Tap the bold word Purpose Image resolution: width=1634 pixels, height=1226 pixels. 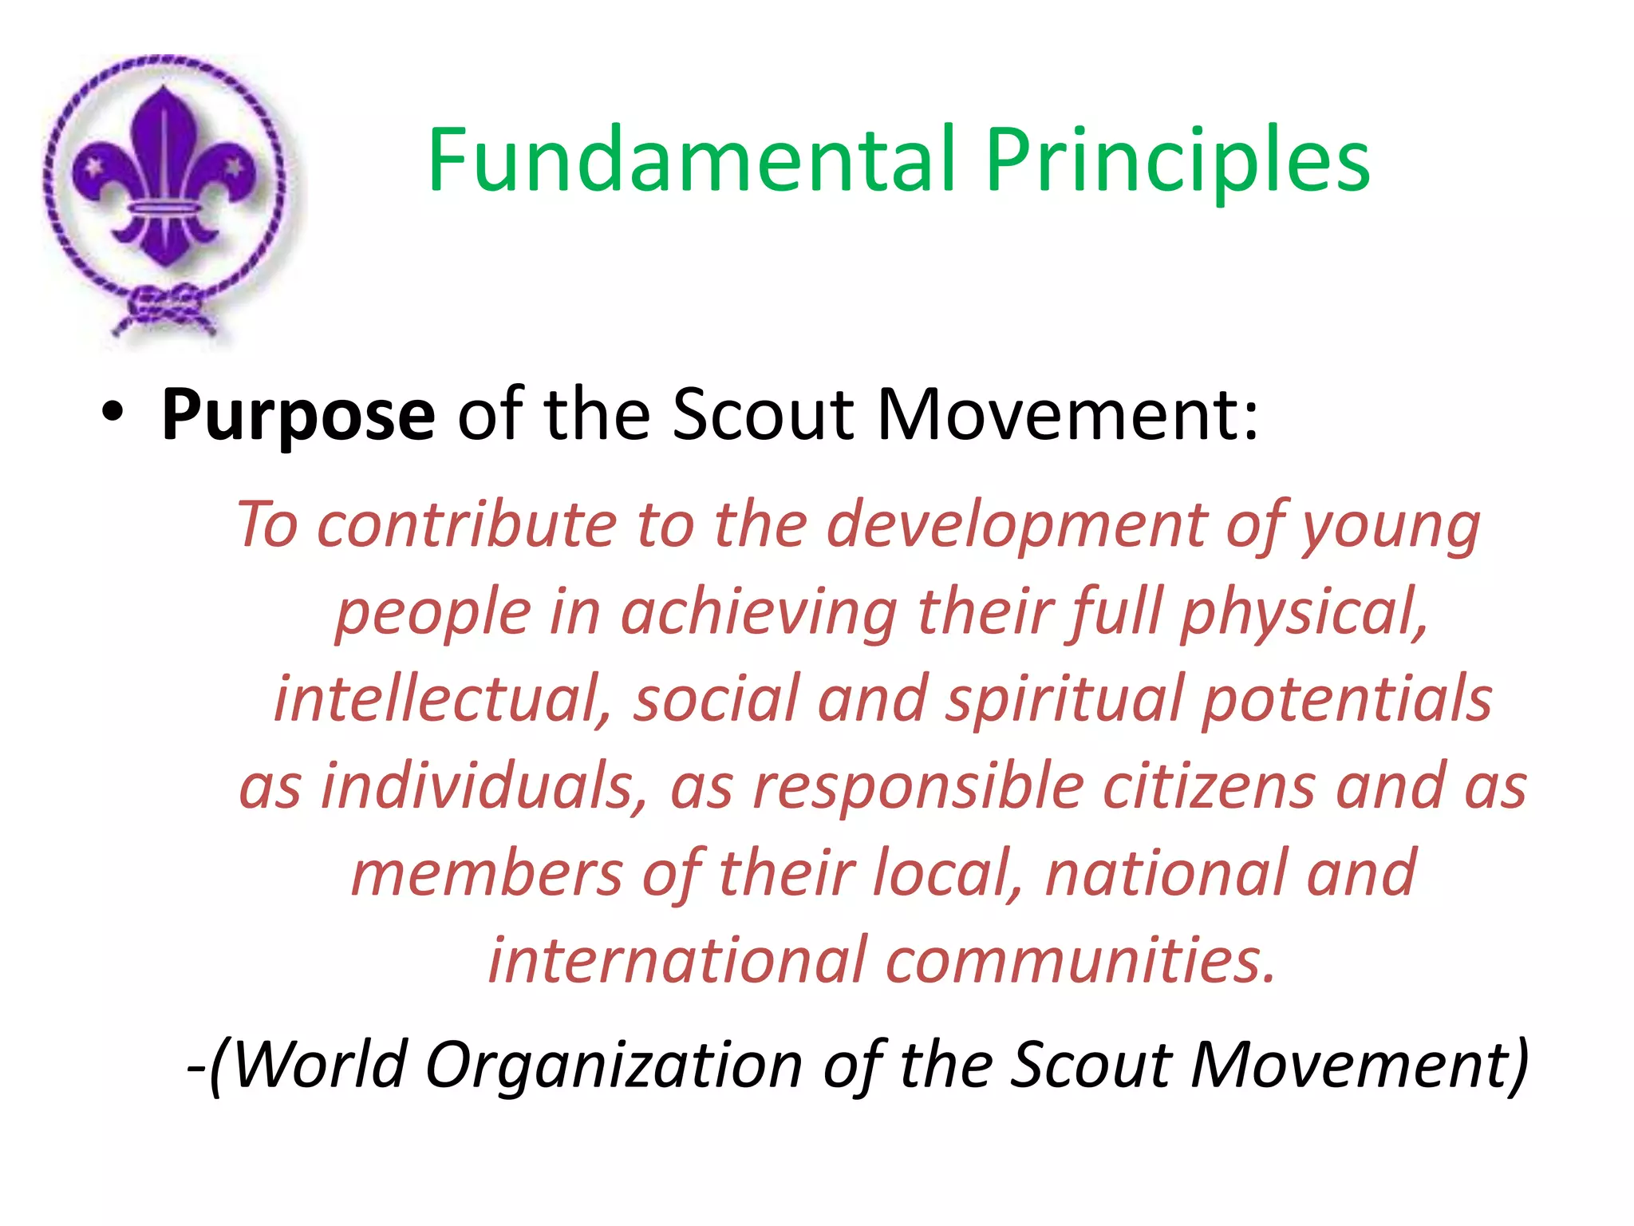point(298,415)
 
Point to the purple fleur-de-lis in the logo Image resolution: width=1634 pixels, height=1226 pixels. point(164,180)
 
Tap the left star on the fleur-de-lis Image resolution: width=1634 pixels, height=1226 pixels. point(93,168)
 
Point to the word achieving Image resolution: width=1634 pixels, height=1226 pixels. point(759,613)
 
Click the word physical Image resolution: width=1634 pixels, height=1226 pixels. point(1304,613)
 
